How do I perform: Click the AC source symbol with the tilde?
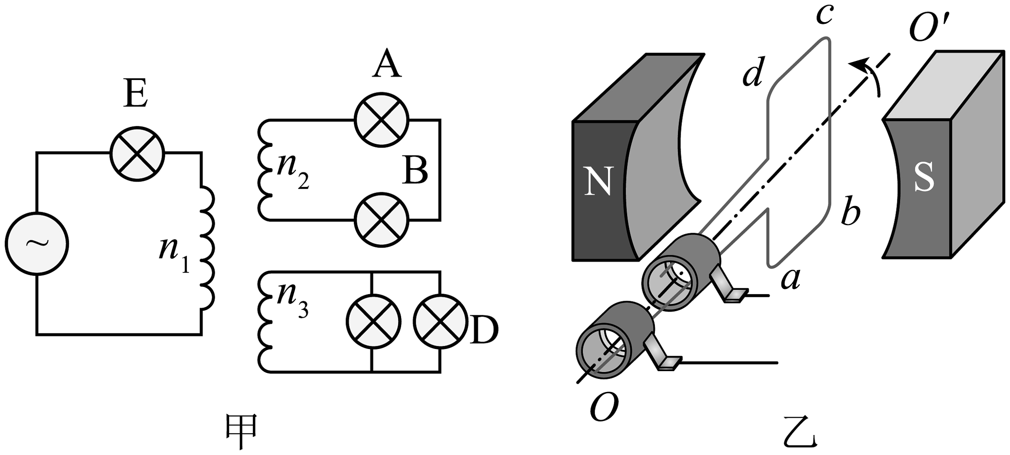tap(37, 243)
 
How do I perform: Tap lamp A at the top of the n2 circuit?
tap(382, 120)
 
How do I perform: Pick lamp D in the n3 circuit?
tap(440, 322)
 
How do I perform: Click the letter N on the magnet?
tap(599, 181)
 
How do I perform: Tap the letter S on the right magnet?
tap(924, 179)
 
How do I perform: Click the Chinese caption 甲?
tap(242, 431)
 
